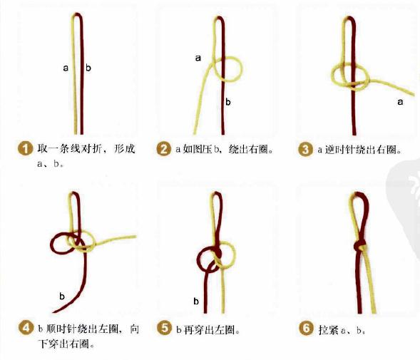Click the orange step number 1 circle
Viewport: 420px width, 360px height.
click(x=25, y=150)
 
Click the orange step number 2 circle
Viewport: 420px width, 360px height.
click(x=164, y=150)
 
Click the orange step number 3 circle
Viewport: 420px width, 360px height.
click(x=305, y=150)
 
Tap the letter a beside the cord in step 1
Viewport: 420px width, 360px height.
click(x=66, y=68)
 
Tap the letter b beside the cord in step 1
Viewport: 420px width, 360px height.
click(x=88, y=68)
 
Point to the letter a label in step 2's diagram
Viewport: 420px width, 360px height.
click(x=198, y=58)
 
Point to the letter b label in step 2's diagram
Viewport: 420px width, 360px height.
click(x=228, y=102)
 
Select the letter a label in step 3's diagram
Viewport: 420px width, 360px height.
click(x=399, y=103)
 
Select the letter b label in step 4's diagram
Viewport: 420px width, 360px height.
click(x=62, y=295)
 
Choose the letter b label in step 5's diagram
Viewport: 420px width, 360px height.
click(x=195, y=301)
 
